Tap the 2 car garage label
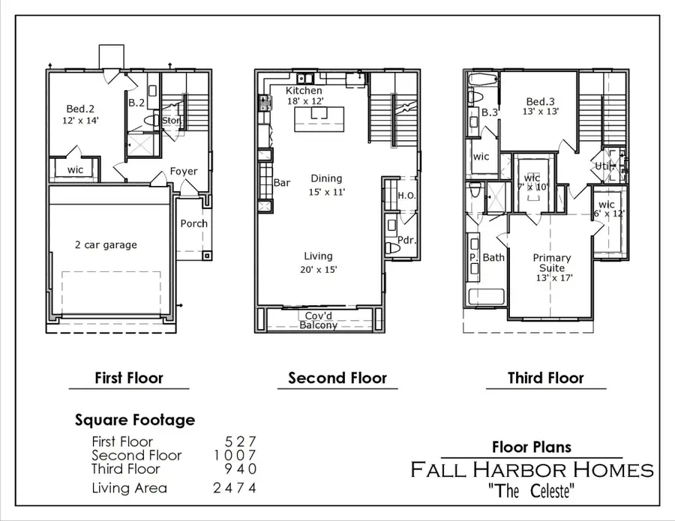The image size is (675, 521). (x=105, y=244)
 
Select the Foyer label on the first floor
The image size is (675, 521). (x=184, y=171)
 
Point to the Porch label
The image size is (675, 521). (x=193, y=223)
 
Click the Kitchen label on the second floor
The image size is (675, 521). (x=304, y=91)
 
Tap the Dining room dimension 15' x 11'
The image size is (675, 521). (x=326, y=191)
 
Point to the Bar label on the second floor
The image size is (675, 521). (x=282, y=182)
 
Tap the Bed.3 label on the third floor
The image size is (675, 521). (x=540, y=102)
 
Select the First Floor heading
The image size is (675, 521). (x=128, y=378)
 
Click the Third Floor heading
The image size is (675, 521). (x=545, y=378)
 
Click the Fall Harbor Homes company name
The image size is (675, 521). (x=532, y=470)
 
